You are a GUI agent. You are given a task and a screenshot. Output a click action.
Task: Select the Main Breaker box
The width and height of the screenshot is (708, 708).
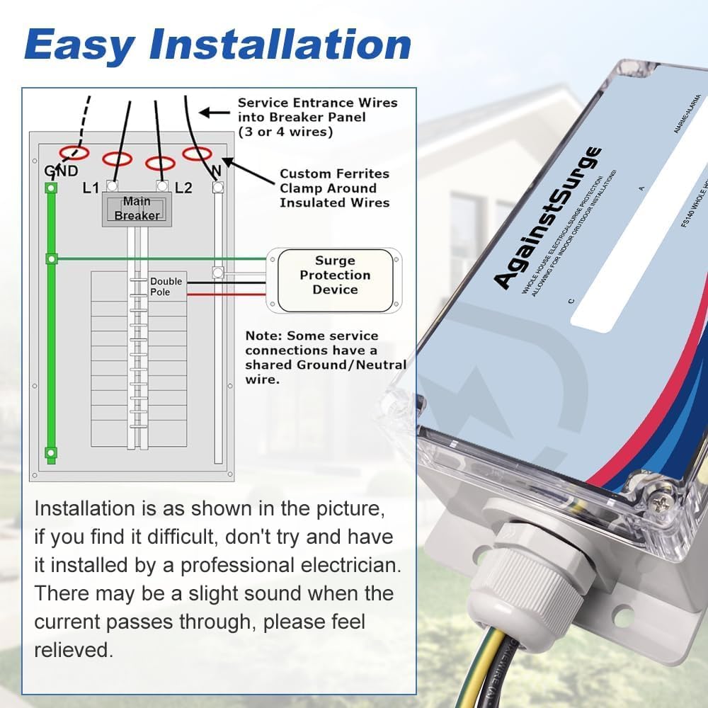[x=137, y=210]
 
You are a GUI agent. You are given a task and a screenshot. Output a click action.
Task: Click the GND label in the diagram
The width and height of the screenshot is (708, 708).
[x=60, y=171]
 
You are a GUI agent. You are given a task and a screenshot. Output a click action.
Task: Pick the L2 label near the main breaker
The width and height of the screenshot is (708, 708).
[x=183, y=188]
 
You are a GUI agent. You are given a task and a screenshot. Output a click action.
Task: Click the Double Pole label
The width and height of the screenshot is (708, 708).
[x=166, y=287]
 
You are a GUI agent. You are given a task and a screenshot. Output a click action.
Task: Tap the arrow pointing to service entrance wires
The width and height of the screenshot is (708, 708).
[x=212, y=112]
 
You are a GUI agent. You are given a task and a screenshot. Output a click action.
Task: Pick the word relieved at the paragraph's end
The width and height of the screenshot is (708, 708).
[x=73, y=650]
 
